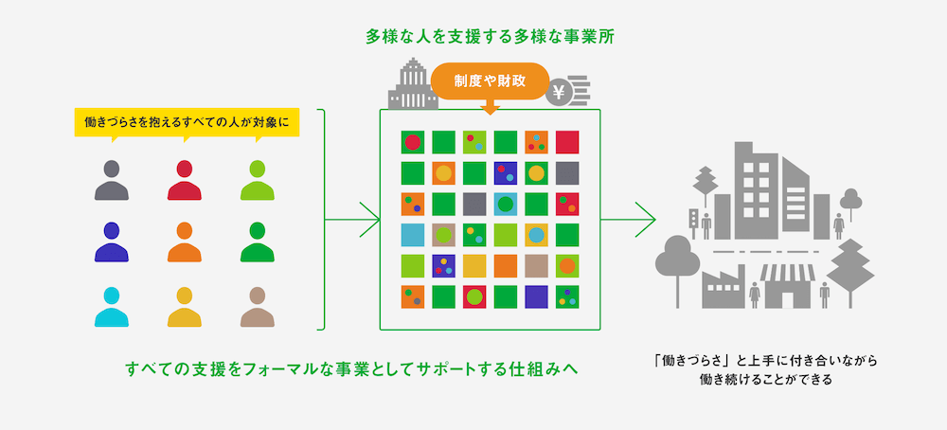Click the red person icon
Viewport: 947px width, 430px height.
tap(185, 180)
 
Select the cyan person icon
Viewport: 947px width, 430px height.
tap(112, 306)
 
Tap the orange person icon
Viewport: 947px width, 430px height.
tap(185, 242)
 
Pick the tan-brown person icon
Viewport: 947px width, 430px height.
tap(257, 306)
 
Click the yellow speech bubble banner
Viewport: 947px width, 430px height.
tap(187, 122)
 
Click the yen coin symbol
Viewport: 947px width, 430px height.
tap(560, 92)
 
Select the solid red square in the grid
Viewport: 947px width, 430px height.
tap(567, 142)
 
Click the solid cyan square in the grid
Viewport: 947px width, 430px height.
tap(412, 234)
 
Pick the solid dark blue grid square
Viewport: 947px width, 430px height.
tap(536, 296)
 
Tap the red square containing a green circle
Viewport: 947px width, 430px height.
tap(474, 296)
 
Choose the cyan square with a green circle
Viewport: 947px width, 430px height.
tap(505, 204)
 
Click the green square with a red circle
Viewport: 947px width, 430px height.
tap(412, 142)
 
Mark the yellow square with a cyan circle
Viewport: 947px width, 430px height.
tap(536, 234)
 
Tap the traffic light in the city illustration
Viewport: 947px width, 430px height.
tap(692, 220)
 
